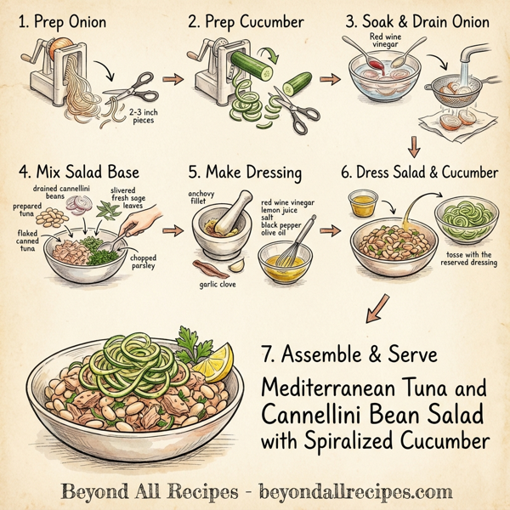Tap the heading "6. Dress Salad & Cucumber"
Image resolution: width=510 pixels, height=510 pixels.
419,173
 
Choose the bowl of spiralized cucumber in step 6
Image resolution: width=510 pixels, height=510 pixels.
465,219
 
